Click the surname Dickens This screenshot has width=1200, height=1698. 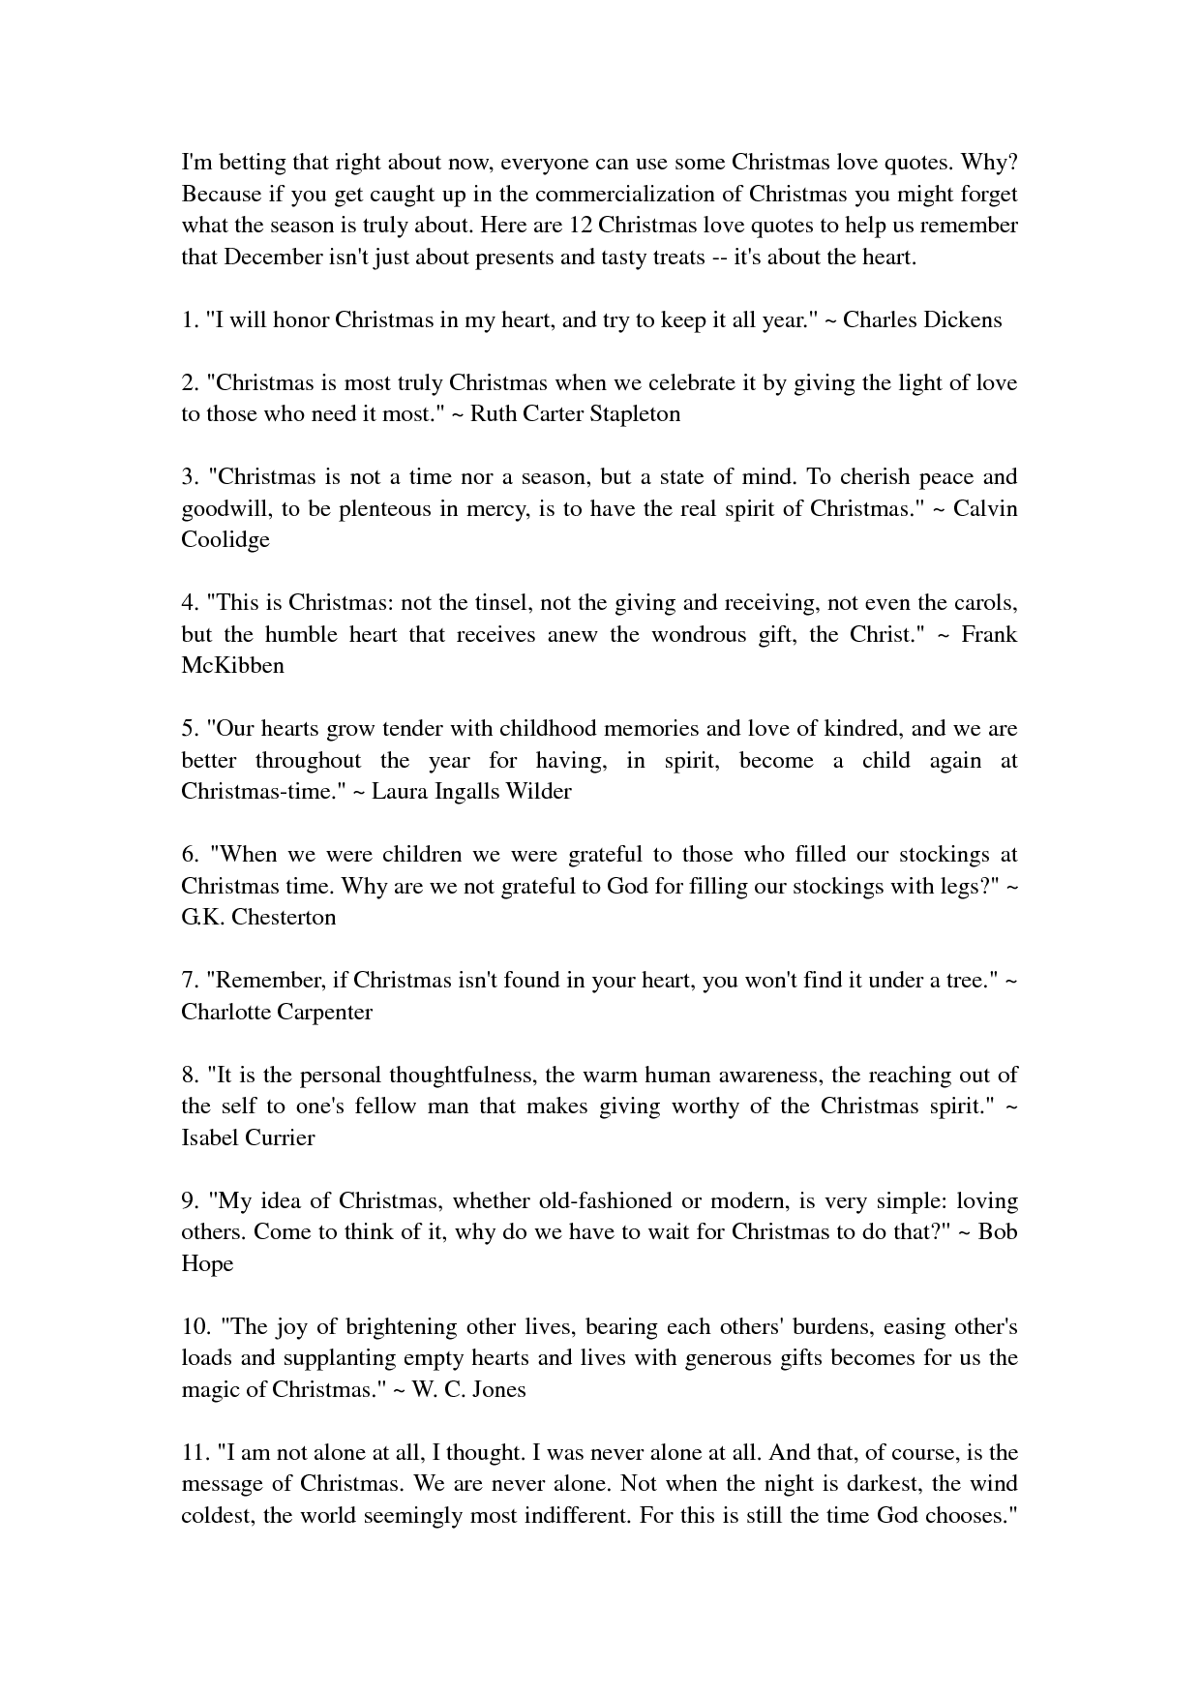tap(963, 319)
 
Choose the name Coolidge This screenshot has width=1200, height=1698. tap(225, 539)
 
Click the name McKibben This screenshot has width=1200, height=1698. tap(232, 665)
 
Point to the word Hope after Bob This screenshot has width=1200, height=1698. tap(207, 1263)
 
